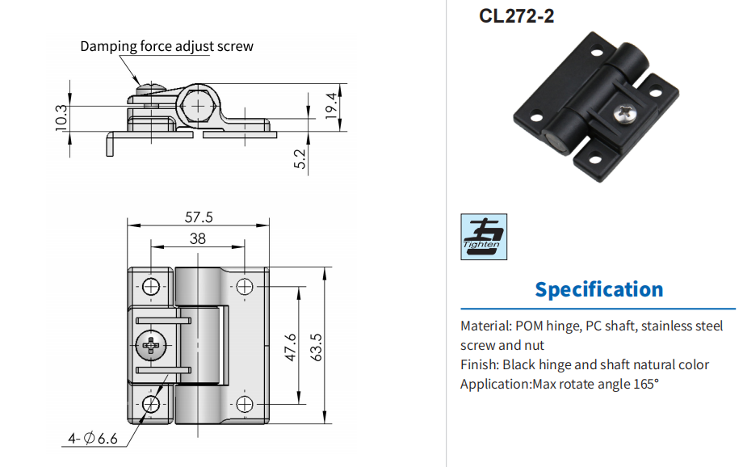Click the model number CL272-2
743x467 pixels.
click(x=517, y=17)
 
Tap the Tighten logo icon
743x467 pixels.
click(x=483, y=237)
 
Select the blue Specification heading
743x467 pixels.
click(x=598, y=289)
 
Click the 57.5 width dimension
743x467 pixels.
click(x=199, y=217)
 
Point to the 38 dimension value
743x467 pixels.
click(x=198, y=238)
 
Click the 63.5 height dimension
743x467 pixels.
click(x=317, y=345)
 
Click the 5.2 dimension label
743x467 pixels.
click(x=300, y=158)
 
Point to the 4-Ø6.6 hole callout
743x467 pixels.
click(x=94, y=439)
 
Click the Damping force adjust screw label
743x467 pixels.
click(x=166, y=46)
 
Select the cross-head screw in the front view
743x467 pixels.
click(x=152, y=347)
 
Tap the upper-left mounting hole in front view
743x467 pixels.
click(x=152, y=285)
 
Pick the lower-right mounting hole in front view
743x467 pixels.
click(x=245, y=404)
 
